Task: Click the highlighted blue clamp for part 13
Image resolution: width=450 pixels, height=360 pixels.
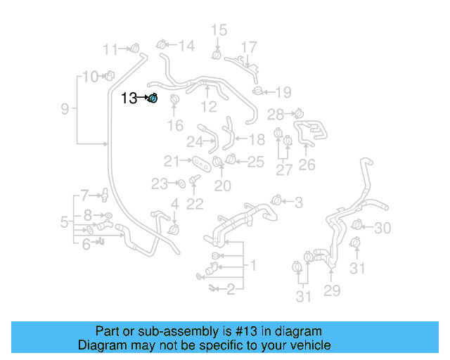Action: (x=153, y=98)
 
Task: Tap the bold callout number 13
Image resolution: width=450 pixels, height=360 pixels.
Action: (x=129, y=98)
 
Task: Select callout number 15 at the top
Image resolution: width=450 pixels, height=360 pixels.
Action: (x=219, y=30)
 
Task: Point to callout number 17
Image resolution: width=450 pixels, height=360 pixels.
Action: (x=250, y=47)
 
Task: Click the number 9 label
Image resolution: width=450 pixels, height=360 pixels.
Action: (x=65, y=109)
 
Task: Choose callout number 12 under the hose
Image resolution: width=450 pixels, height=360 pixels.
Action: (x=209, y=107)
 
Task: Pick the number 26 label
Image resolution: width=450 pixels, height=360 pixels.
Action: (x=307, y=165)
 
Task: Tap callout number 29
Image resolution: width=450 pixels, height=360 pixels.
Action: (x=331, y=291)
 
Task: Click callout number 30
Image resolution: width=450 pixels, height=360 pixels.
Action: (x=382, y=228)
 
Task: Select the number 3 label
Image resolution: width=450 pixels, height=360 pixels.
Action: (x=298, y=203)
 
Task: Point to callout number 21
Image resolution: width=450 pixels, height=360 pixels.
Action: (x=172, y=160)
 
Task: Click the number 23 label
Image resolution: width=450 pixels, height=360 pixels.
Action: (x=160, y=184)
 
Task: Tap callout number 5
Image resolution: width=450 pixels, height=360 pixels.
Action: (x=65, y=223)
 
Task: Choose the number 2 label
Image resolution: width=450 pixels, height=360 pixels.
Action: (x=230, y=289)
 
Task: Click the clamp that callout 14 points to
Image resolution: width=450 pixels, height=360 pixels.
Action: (x=161, y=46)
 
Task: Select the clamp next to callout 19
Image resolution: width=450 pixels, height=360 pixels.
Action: (x=259, y=91)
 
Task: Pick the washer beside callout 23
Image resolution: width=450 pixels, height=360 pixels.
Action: (x=180, y=184)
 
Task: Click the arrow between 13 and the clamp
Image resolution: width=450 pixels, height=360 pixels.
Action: (x=143, y=98)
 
